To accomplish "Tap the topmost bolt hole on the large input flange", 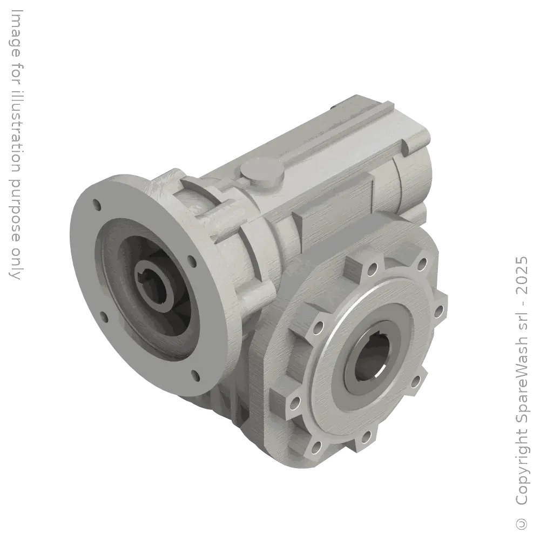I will point(97,205).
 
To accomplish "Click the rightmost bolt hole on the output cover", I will point(438,312).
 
